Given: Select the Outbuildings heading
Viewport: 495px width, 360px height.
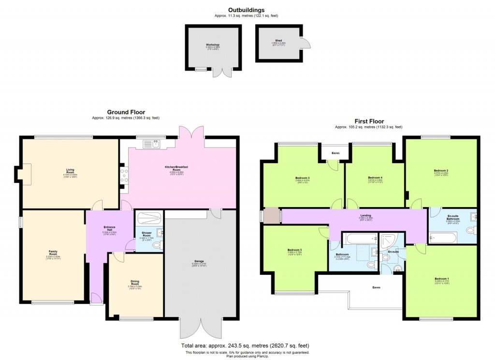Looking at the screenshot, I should (246, 10).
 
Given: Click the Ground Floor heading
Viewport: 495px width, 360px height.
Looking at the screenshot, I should (126, 112).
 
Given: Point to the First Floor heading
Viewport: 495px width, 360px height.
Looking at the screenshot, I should (368, 121).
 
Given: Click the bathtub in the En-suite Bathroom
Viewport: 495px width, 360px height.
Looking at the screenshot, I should (443, 238).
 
